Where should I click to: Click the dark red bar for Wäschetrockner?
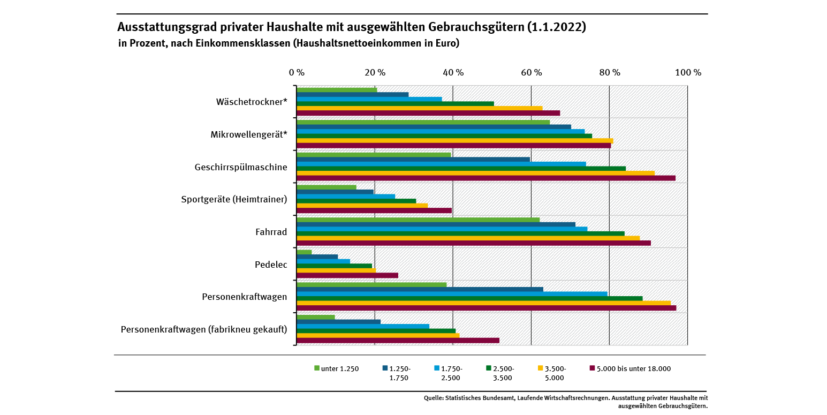click(x=428, y=113)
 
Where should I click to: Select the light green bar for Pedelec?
click(x=304, y=252)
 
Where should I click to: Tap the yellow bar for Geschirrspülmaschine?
click(x=475, y=173)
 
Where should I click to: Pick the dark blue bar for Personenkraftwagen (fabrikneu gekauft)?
click(x=338, y=322)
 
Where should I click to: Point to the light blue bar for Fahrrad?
click(x=442, y=229)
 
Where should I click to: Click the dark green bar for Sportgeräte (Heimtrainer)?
click(x=356, y=201)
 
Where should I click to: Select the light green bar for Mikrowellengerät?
click(x=423, y=122)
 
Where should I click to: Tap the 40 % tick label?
click(x=453, y=72)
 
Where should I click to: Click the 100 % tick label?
click(x=688, y=72)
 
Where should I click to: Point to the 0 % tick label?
click(x=297, y=72)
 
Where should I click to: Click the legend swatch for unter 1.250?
click(x=317, y=368)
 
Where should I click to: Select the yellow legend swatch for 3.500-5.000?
click(x=540, y=368)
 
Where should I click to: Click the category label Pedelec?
click(x=271, y=265)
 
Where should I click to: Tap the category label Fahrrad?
click(x=271, y=232)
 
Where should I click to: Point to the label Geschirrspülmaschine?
click(x=241, y=167)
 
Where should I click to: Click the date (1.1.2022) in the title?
click(x=557, y=27)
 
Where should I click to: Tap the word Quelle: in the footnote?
click(x=433, y=398)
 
